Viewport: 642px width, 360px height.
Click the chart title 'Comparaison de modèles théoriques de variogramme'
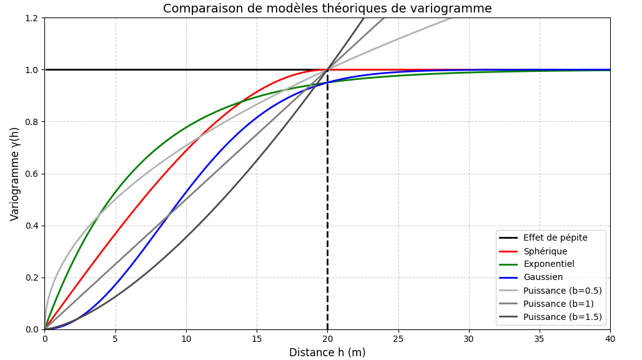327,9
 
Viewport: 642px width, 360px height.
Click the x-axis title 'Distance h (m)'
327,352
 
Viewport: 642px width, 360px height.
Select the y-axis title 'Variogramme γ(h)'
15,174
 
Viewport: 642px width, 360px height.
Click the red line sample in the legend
508,251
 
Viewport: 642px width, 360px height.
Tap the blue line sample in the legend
508,277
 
